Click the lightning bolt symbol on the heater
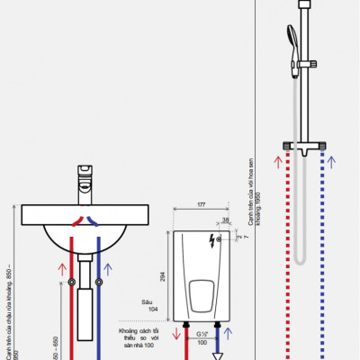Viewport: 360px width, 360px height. pos(213,240)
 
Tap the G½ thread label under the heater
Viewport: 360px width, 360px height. pos(202,334)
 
